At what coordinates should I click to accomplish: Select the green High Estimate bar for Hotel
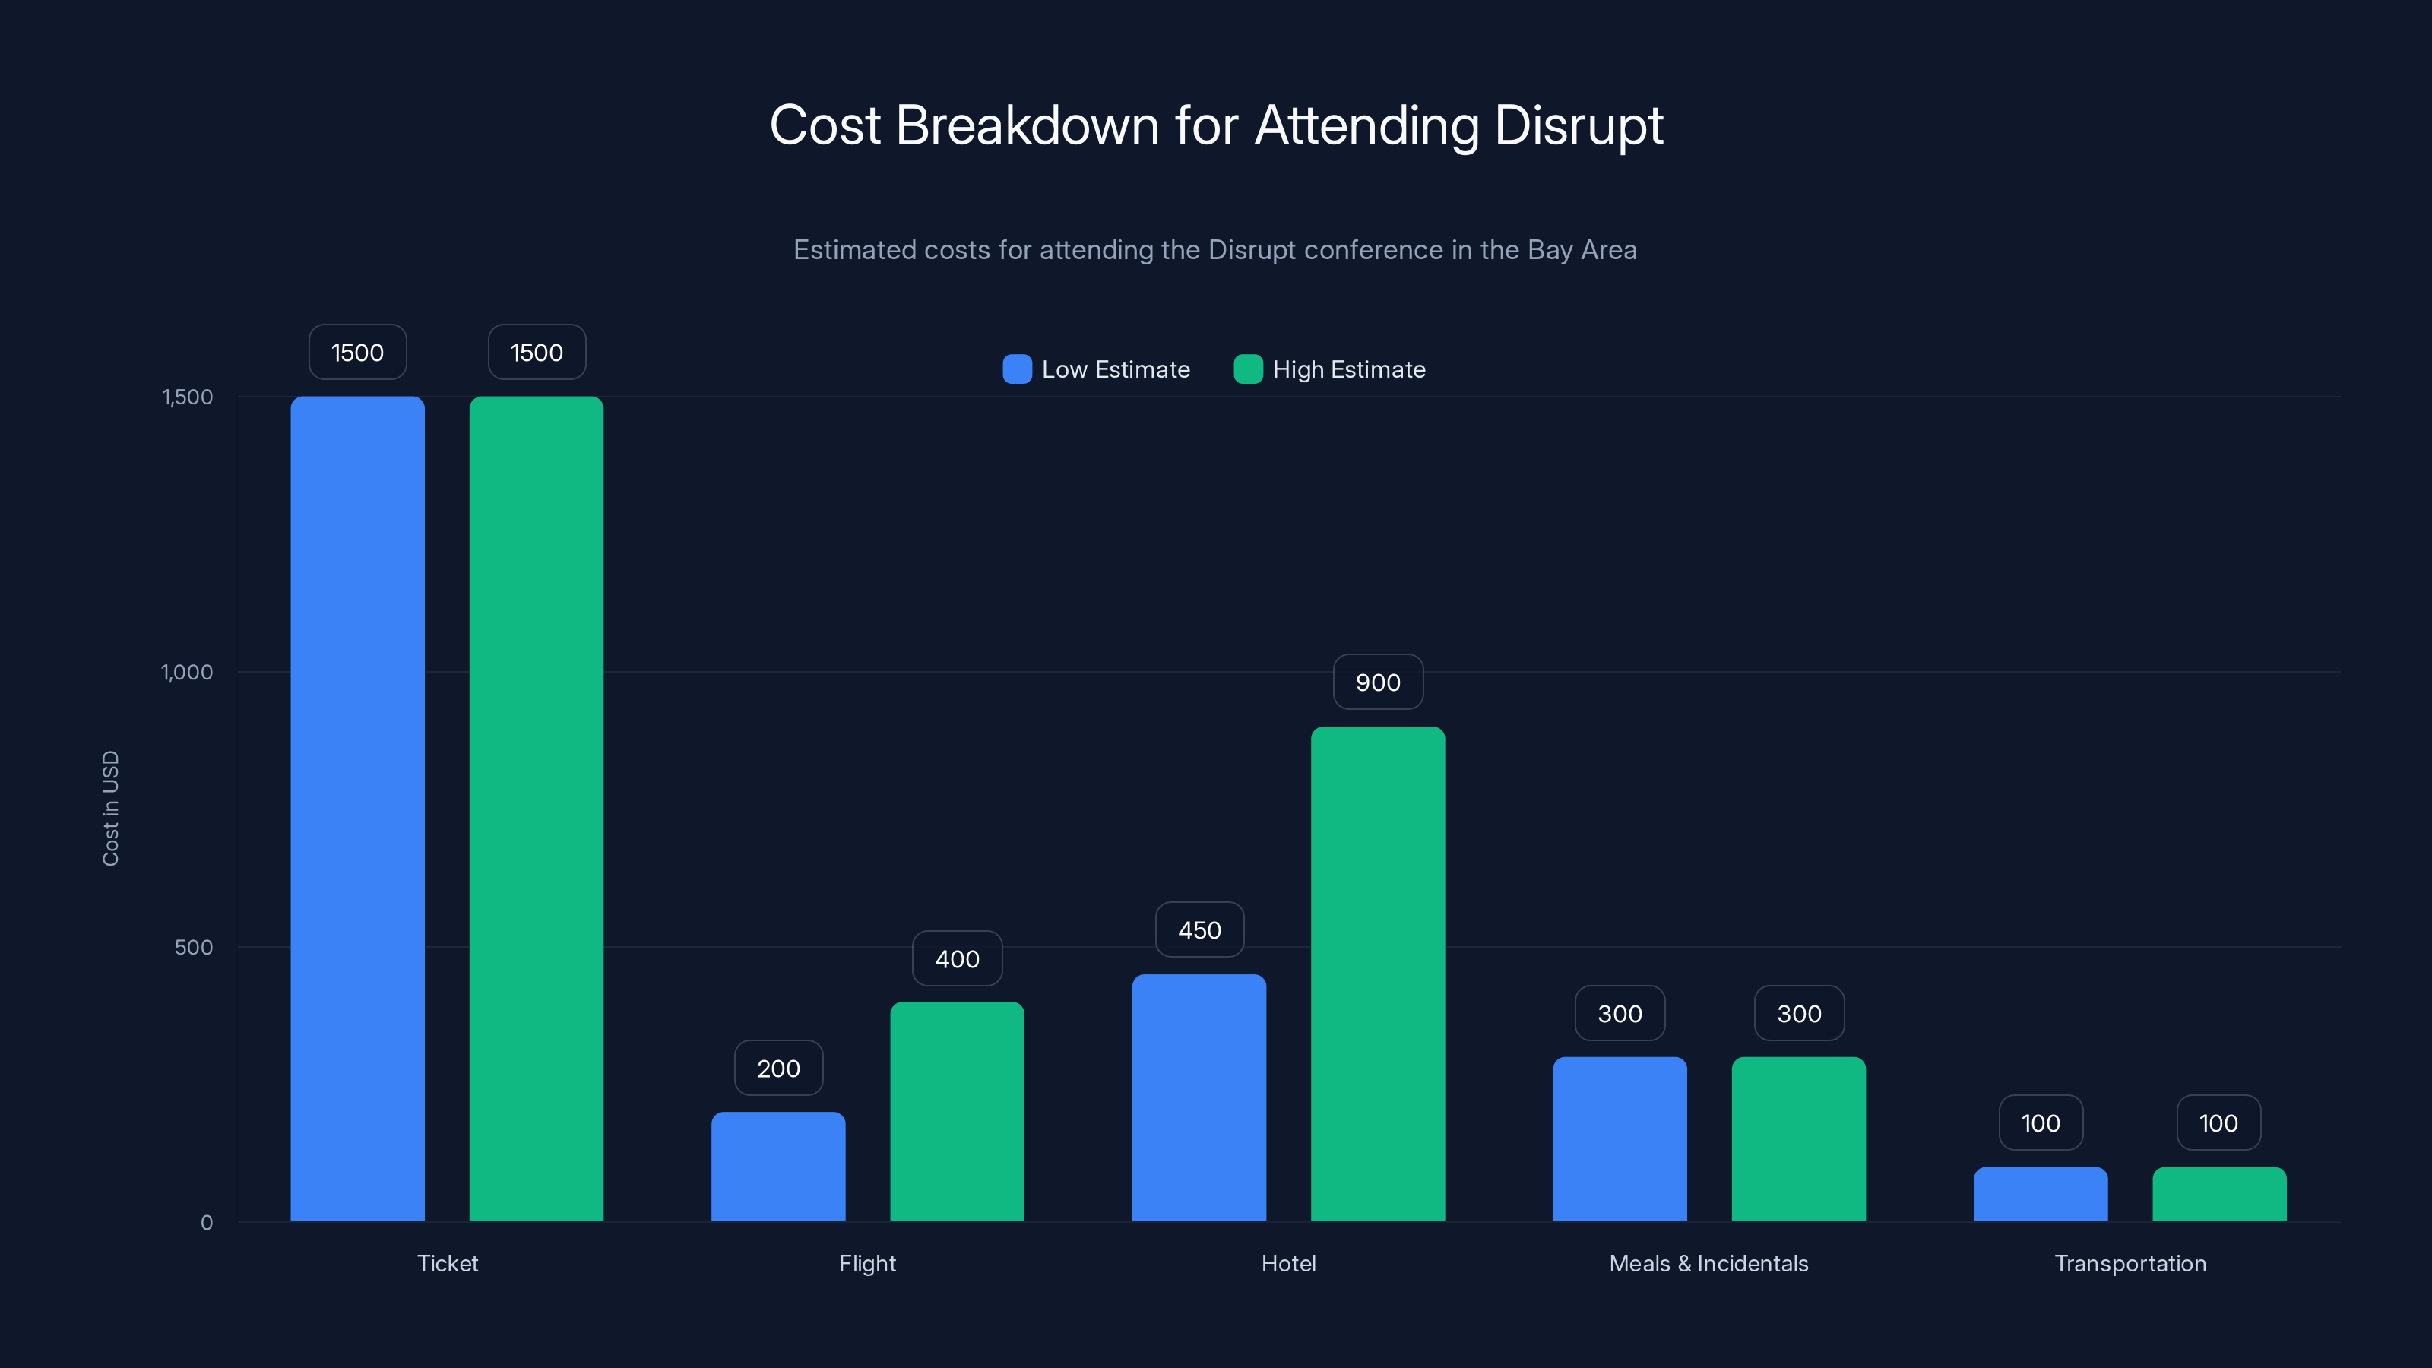coord(1377,974)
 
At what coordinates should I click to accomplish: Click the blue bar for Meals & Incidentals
coord(1619,1138)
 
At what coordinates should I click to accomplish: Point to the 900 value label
coord(1377,682)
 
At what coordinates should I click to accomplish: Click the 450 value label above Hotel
coord(1199,930)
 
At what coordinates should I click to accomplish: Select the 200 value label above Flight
coord(778,1069)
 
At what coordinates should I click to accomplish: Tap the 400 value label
coord(956,959)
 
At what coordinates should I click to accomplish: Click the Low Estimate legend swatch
coord(1017,369)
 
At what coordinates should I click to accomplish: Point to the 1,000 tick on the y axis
coord(187,672)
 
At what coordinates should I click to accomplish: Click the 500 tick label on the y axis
coord(194,947)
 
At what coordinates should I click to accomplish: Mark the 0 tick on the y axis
coord(207,1223)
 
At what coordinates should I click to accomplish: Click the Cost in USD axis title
coord(110,808)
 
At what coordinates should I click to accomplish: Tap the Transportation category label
coord(2130,1263)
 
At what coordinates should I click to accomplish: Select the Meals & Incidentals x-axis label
coord(1708,1263)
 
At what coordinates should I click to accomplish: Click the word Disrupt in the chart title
coord(1579,125)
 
